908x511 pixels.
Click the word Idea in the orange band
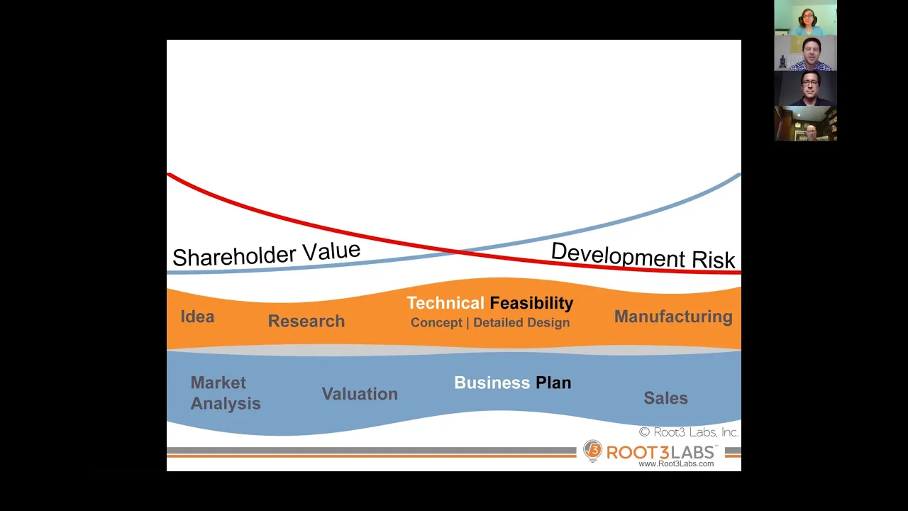tap(197, 317)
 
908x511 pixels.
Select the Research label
tap(306, 321)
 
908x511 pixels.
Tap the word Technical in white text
tap(445, 303)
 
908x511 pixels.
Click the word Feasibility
tap(531, 303)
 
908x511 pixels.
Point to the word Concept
tap(436, 323)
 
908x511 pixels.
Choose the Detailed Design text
tap(521, 322)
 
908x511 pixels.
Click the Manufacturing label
tap(673, 317)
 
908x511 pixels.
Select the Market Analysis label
tap(226, 393)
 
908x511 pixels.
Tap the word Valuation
tap(360, 394)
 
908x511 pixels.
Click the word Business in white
tap(492, 383)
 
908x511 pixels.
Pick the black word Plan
tap(553, 383)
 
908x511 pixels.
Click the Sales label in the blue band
tap(665, 398)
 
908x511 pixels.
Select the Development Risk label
tap(643, 255)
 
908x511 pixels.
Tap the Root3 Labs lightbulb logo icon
tap(592, 451)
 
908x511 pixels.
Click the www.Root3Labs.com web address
tap(676, 463)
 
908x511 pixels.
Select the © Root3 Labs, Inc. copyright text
tap(689, 432)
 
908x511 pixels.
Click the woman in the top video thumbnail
tap(807, 22)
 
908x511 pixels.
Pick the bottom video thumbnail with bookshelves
tap(805, 123)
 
